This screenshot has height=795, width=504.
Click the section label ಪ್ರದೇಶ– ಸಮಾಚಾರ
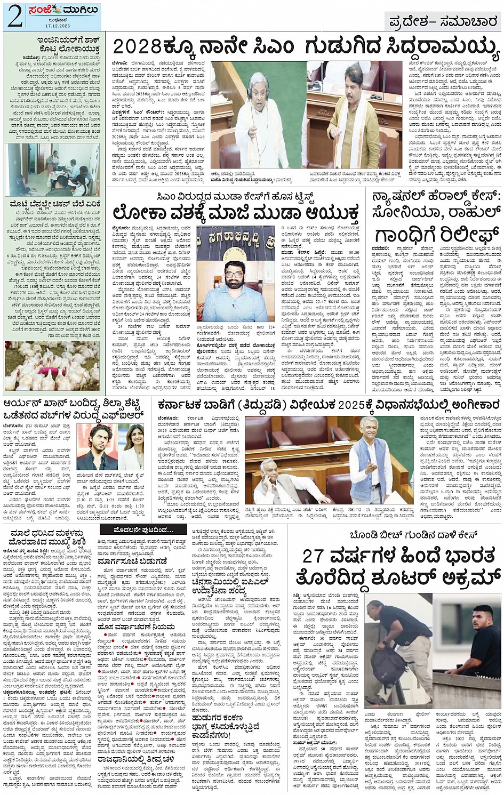click(x=443, y=21)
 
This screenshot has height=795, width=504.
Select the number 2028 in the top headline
click(x=133, y=48)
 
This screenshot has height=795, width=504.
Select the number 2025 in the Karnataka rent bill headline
click(x=345, y=406)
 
